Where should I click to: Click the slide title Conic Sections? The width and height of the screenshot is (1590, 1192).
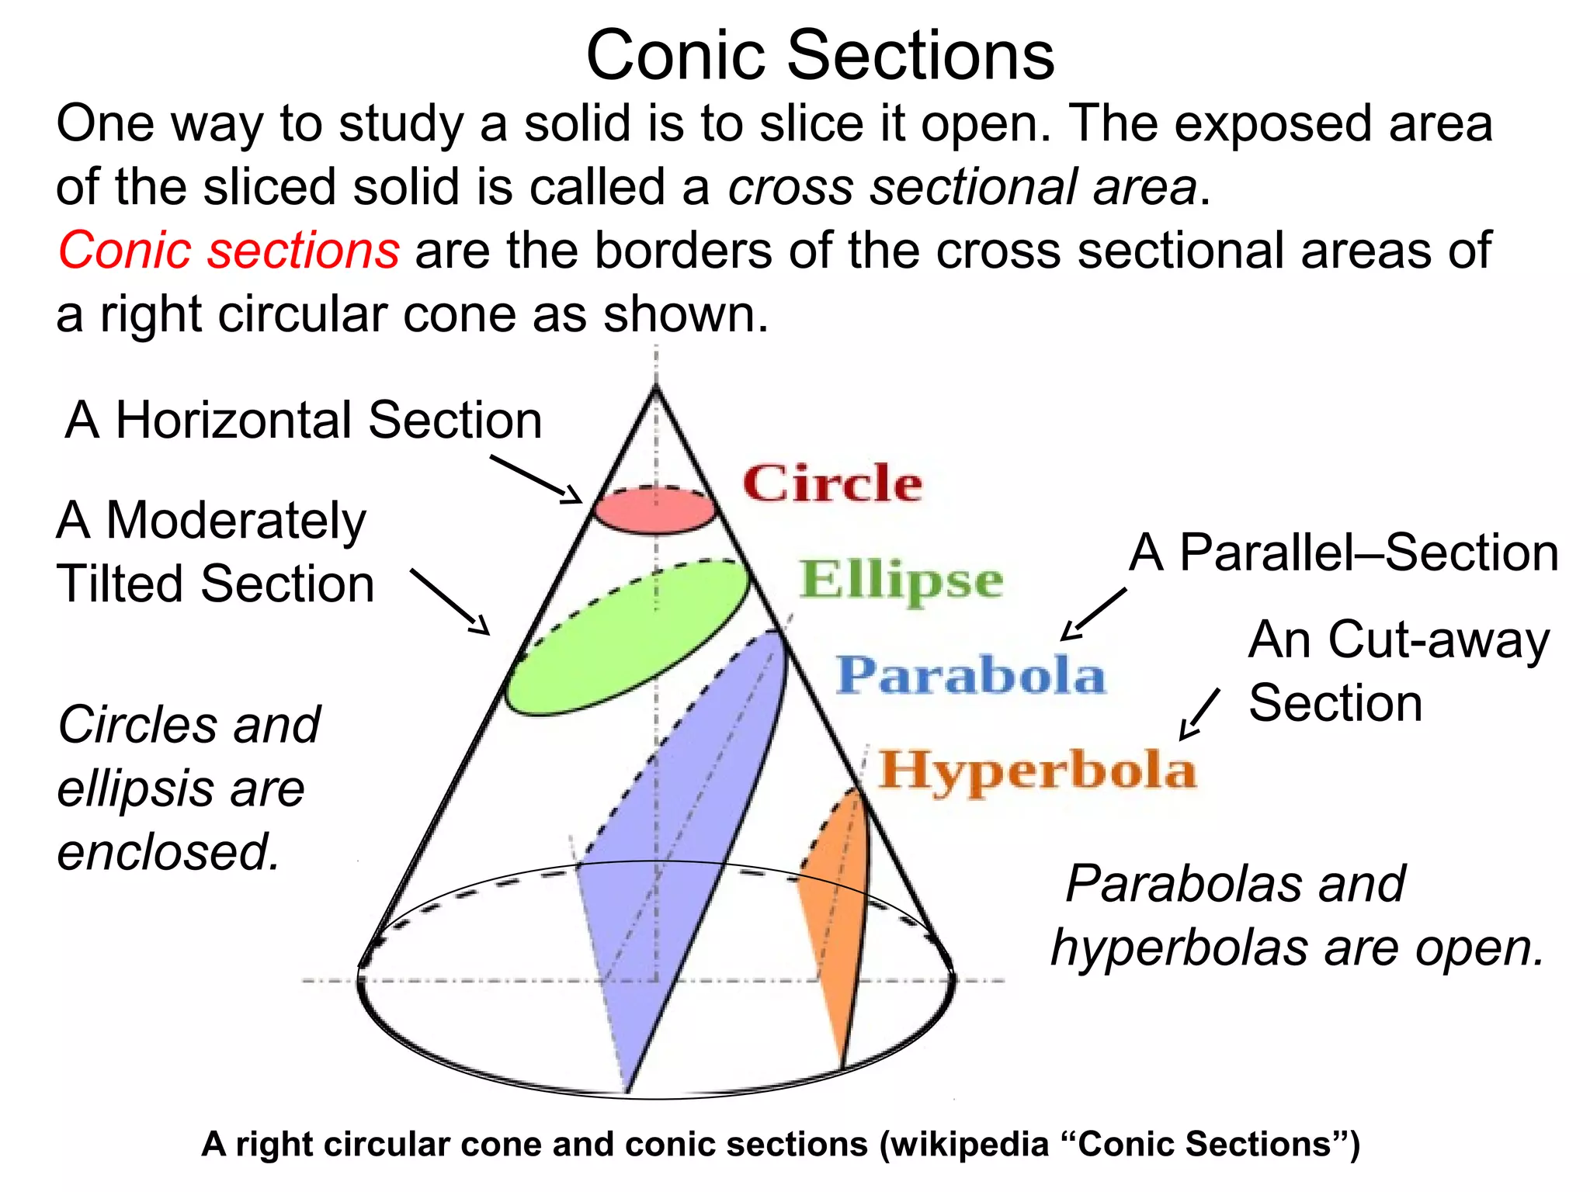[820, 56]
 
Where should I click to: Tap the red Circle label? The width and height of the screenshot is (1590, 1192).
[832, 483]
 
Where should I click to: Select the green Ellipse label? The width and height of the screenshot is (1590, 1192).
[901, 580]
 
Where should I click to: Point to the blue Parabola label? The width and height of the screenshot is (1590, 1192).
[970, 675]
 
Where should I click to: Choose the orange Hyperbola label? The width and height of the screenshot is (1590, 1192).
[1037, 770]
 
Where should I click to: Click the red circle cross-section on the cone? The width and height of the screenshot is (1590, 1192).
[654, 512]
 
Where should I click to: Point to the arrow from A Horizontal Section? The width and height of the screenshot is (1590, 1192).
[536, 479]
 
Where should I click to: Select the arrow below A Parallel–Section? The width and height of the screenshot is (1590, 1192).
[1093, 614]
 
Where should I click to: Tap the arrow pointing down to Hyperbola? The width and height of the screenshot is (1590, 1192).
[1199, 714]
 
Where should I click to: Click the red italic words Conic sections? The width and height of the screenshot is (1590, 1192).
[229, 251]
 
